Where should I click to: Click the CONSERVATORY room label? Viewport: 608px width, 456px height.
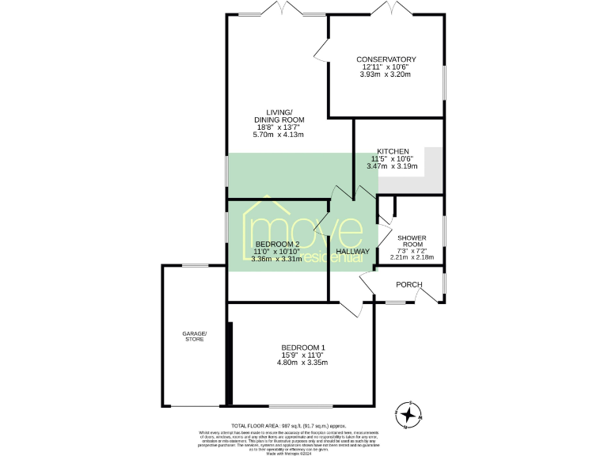[386, 59]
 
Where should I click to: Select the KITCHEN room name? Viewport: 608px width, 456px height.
[392, 151]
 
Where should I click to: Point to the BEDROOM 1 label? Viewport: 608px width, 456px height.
[302, 348]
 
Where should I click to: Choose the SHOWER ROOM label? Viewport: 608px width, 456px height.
[412, 241]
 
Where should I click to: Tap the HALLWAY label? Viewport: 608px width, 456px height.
[352, 252]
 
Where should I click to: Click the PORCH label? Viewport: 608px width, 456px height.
[408, 285]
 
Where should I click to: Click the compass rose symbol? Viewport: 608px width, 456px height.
[408, 414]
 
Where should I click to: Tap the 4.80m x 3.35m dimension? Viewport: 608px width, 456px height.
[302, 363]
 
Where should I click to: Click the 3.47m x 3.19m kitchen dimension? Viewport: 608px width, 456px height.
[392, 166]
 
